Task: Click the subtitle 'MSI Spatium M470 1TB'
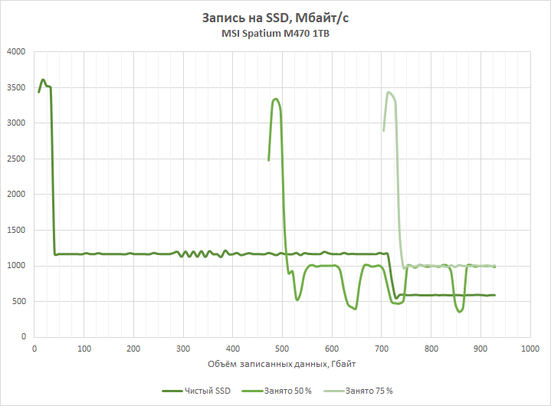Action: tap(275, 34)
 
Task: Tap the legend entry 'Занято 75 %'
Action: tap(369, 391)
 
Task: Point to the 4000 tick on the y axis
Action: tap(16, 52)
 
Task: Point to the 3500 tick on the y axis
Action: tap(16, 87)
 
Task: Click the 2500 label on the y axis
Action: tap(16, 159)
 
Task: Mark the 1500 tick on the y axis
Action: tap(16, 230)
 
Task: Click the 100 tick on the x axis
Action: tap(84, 349)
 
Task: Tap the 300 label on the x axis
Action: tap(183, 349)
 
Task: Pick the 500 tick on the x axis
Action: tap(283, 349)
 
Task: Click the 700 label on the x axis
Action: tap(382, 349)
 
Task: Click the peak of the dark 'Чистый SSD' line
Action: tap(43, 80)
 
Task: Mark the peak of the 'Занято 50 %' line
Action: tap(276, 99)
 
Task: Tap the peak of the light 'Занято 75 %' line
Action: tap(389, 93)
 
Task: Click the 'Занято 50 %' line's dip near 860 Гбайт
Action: tap(460, 312)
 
